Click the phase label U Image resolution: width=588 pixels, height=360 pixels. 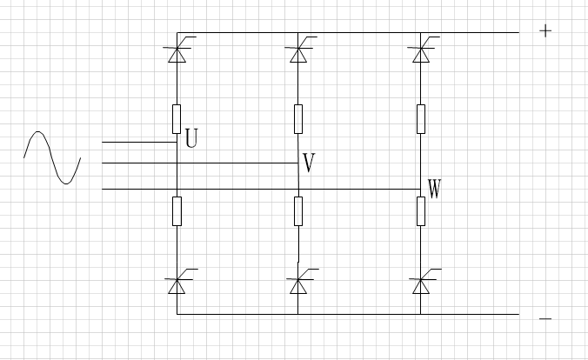pos(191,139)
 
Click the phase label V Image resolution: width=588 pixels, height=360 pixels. pos(308,162)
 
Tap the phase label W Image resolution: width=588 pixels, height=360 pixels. pos(434,189)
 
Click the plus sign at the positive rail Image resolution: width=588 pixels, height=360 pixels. pos(545,31)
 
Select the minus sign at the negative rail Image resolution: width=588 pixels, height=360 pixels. pos(545,319)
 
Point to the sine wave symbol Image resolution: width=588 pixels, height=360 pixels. pos(52,157)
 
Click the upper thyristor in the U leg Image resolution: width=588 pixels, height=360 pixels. pos(177,53)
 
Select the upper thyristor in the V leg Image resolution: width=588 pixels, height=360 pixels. pos(298,53)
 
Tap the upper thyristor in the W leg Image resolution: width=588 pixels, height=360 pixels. pos(420,53)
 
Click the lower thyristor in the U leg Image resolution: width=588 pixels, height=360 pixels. pos(177,284)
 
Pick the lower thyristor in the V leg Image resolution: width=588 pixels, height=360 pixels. pos(298,284)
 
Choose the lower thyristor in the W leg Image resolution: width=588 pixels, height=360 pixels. pos(420,284)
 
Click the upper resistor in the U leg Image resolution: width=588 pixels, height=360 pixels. pos(177,118)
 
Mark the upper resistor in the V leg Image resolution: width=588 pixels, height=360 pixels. pos(298,118)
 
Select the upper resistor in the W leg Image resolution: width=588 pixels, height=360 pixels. pos(420,118)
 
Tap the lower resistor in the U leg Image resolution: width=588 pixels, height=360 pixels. pos(177,210)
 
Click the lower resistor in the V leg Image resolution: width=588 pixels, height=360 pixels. pos(298,210)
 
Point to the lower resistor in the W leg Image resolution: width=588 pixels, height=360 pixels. pos(420,210)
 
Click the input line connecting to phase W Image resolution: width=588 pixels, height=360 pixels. pos(261,189)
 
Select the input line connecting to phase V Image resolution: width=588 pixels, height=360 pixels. pos(200,163)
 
